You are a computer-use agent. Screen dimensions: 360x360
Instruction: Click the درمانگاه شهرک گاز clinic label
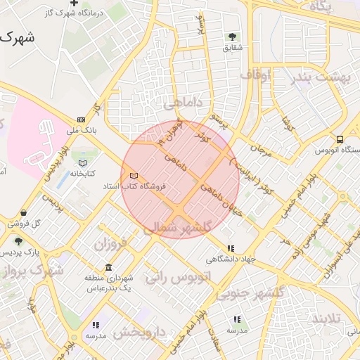tap(77, 13)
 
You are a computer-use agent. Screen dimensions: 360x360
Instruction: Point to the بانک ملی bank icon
tap(82, 120)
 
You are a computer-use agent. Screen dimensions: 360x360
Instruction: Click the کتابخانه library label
tap(82, 173)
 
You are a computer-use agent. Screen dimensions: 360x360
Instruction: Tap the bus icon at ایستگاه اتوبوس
tap(340, 139)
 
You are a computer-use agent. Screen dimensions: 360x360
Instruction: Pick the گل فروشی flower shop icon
tap(25, 213)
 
